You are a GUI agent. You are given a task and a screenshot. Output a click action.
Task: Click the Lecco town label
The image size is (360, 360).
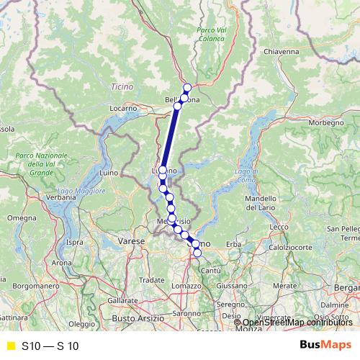point(279,227)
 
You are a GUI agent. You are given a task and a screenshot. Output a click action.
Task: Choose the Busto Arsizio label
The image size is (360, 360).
point(134,318)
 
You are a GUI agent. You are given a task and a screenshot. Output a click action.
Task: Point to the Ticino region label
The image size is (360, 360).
point(122,87)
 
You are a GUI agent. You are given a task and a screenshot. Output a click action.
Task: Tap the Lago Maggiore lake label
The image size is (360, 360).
point(81,192)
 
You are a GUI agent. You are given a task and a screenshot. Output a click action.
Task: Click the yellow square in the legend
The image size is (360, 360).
point(11,346)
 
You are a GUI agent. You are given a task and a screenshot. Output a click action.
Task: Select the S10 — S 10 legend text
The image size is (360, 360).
point(50,346)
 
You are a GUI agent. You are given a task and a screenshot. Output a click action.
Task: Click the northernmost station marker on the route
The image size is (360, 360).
point(187,88)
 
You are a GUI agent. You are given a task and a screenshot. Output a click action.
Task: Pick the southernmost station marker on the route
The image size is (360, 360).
point(197,253)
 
